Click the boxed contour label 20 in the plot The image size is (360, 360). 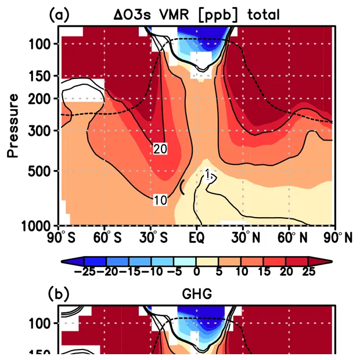161,149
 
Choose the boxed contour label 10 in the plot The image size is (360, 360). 161,200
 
